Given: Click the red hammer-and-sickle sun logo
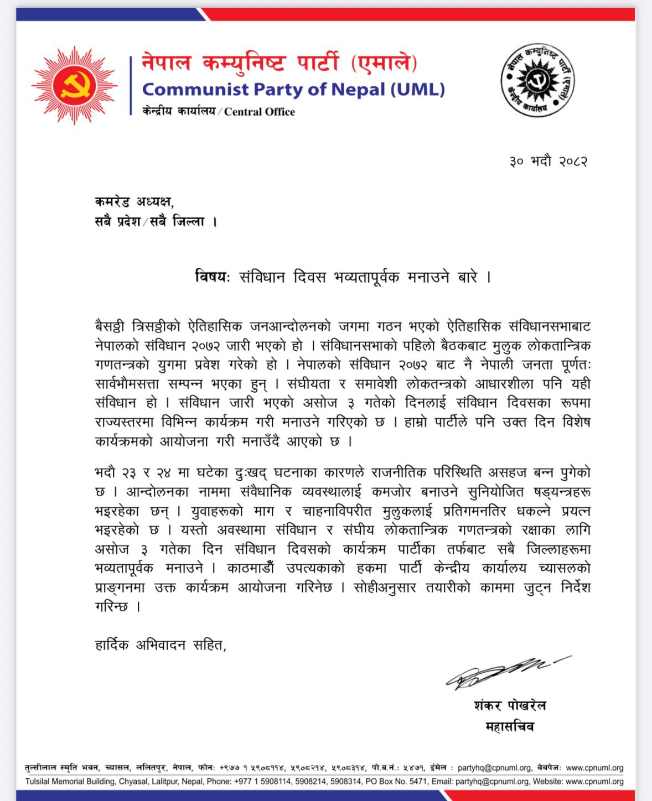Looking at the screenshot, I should pyautogui.click(x=74, y=86).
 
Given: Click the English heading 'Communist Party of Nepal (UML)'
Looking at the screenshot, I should pyautogui.click(x=293, y=89).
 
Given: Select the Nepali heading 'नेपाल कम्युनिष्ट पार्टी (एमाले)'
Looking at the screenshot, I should pyautogui.click(x=279, y=63).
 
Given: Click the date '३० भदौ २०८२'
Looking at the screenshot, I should pyautogui.click(x=548, y=162).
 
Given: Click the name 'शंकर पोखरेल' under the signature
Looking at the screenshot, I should pyautogui.click(x=510, y=705).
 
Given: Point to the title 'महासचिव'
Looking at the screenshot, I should pyautogui.click(x=510, y=726).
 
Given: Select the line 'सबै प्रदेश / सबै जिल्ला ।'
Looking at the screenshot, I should pyautogui.click(x=156, y=222).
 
